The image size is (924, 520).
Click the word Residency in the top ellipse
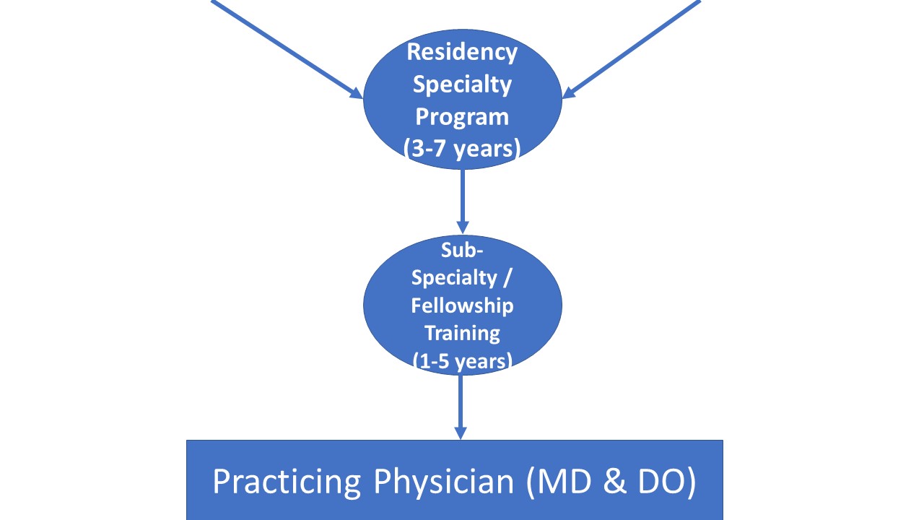(462, 53)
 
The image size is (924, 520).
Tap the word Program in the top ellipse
(462, 117)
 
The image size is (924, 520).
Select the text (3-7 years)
(462, 149)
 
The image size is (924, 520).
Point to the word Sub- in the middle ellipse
(462, 250)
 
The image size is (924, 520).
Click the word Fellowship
(462, 305)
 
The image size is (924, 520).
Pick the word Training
(462, 333)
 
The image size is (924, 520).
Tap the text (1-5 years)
(462, 360)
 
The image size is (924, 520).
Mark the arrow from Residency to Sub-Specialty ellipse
(462, 199)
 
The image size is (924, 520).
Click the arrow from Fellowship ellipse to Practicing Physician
(460, 401)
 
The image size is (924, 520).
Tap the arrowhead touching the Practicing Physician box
(460, 432)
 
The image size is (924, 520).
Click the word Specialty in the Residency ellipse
(462, 84)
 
